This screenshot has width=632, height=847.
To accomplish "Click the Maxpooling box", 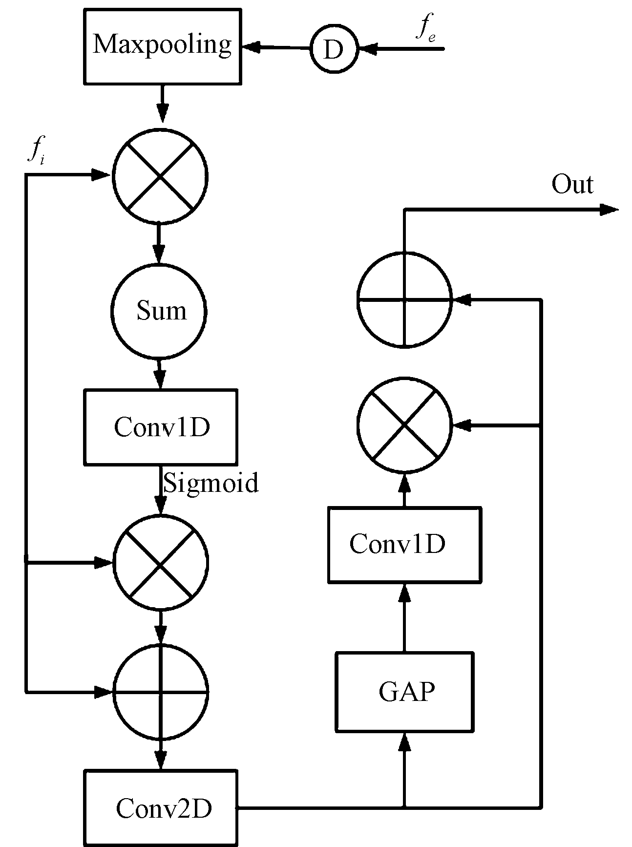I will coord(162,46).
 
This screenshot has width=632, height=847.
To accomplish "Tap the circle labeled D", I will coord(334,49).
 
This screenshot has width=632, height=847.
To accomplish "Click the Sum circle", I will coord(160,312).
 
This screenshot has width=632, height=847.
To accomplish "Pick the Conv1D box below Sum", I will coord(161,426).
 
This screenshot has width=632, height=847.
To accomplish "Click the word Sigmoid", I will coord(211,483).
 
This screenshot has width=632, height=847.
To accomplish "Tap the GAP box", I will coord(404,692).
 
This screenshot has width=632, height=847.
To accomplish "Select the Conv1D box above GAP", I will coord(404,545).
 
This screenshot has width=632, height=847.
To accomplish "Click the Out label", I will coord(572,185).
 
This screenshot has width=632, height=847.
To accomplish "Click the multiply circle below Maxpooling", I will coord(160,176).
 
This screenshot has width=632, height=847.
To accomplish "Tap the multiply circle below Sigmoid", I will coord(161,563).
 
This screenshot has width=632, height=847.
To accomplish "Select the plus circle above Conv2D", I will coord(161,692).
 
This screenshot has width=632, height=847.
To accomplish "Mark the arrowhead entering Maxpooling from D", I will coord(251,47).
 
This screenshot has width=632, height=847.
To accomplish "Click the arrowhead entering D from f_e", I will coord(368,49).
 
